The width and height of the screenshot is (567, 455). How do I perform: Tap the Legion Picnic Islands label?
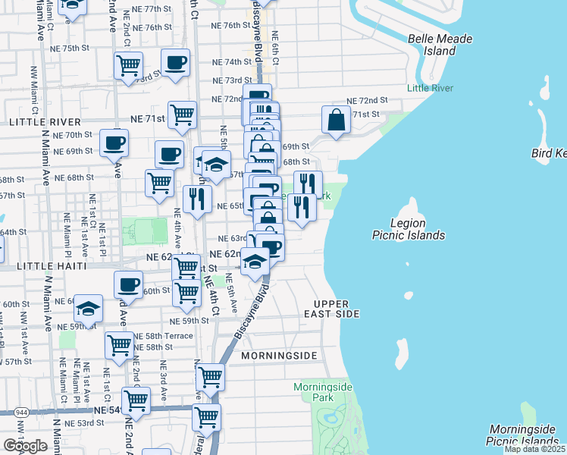click(408, 229)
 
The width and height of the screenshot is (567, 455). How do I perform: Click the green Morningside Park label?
click(324, 392)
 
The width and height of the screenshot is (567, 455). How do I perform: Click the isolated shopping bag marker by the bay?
click(336, 120)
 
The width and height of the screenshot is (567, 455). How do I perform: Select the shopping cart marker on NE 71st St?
click(183, 115)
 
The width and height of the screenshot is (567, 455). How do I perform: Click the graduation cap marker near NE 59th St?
click(89, 309)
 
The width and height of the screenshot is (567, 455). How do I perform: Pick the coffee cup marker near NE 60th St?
click(128, 284)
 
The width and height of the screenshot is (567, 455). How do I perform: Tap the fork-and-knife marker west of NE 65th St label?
click(197, 199)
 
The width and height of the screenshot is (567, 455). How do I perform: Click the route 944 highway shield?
click(17, 411)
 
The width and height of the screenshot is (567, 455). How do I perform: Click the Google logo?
click(24, 446)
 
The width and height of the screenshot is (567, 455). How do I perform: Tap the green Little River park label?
click(430, 89)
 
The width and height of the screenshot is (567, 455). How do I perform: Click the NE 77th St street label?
click(146, 8)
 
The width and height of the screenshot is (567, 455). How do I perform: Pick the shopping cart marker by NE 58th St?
click(120, 345)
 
